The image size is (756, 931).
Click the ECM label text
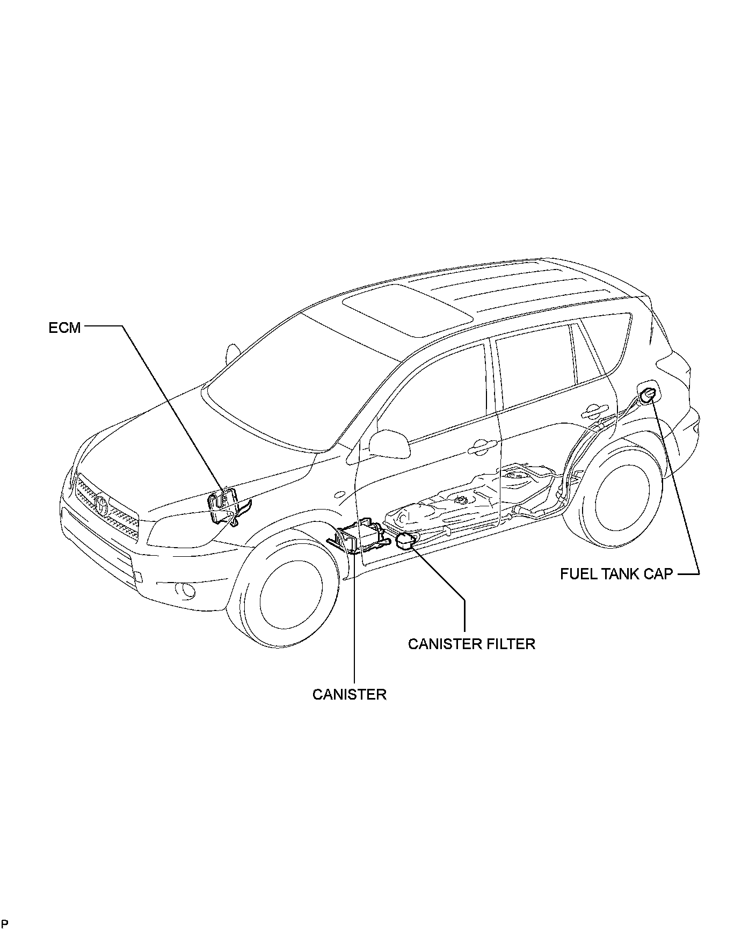[64, 327]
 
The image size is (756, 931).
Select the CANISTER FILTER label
[471, 643]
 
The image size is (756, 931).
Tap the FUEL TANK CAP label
[616, 573]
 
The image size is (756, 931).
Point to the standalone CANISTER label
[349, 694]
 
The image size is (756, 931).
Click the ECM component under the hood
[224, 505]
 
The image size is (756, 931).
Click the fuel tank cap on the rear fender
[647, 395]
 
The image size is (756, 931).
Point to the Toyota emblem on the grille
[102, 504]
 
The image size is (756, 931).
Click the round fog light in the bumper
[186, 590]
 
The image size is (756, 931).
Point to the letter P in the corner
[5, 923]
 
